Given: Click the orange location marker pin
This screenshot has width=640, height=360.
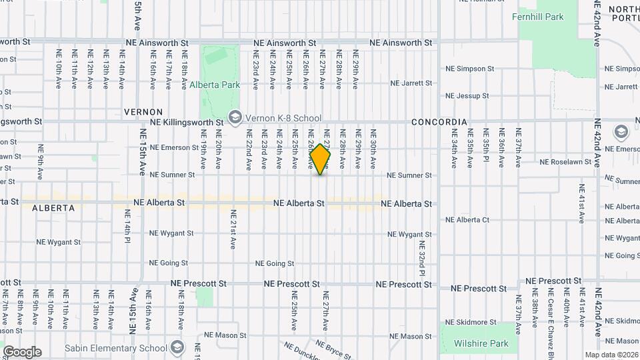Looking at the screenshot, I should click(x=321, y=159).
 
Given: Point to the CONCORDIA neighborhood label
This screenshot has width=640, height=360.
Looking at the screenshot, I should click(x=439, y=123).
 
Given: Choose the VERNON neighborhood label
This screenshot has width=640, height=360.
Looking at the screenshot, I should click(x=143, y=111).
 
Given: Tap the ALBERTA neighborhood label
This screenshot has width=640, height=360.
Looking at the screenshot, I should click(x=53, y=208).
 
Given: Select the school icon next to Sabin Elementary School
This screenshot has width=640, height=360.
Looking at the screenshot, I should click(x=177, y=347).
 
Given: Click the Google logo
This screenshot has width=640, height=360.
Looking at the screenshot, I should click(x=22, y=352).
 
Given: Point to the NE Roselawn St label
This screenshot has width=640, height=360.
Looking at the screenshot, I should click(x=565, y=162).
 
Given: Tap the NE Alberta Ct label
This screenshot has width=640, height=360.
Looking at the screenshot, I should click(x=467, y=220).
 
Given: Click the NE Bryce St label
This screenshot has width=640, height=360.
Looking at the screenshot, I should click(x=333, y=348).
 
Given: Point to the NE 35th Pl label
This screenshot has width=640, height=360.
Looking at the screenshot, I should click(x=486, y=147).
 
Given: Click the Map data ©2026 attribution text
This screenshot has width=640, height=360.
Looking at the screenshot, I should click(x=611, y=355).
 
